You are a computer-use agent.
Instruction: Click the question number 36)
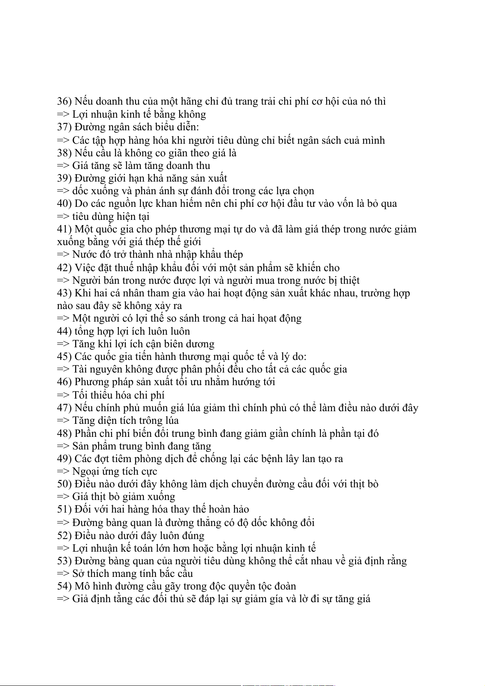tap(64, 101)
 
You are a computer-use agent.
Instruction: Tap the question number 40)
tap(64, 204)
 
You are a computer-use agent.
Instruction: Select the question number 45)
tap(64, 357)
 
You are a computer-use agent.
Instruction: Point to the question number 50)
tap(64, 484)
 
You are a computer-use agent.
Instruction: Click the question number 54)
tap(64, 586)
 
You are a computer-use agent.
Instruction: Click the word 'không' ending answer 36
tap(192, 114)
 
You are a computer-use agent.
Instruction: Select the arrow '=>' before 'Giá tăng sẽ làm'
tap(63, 166)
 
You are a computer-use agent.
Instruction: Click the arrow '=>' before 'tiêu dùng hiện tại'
tap(63, 217)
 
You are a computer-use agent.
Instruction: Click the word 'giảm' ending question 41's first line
tap(405, 229)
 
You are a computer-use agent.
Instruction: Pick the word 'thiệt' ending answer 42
tap(349, 281)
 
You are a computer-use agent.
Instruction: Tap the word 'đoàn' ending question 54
tap(285, 586)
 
